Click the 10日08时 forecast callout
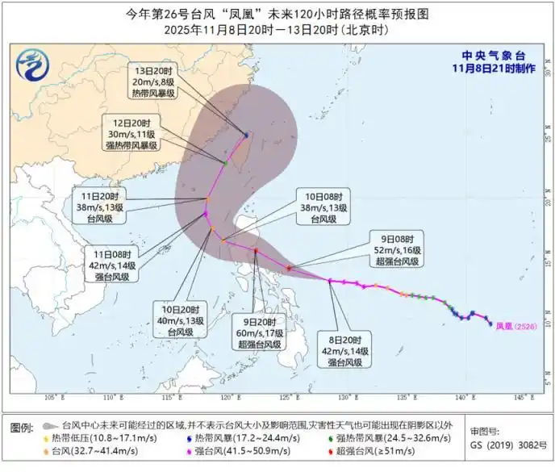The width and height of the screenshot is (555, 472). (323, 207)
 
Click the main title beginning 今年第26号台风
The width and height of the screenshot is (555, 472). (277, 14)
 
